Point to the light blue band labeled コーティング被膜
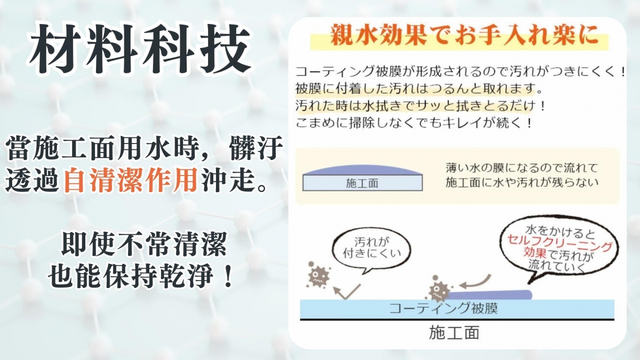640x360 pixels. (x=457, y=309)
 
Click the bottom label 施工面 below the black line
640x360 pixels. (x=454, y=333)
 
